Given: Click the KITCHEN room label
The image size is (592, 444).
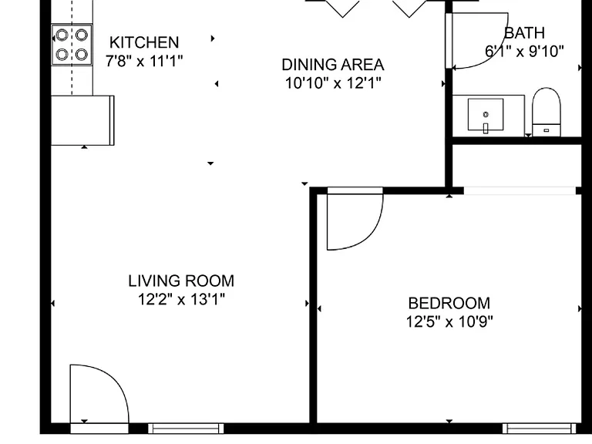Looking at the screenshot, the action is [x=144, y=42].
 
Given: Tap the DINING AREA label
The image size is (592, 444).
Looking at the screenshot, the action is [x=333, y=65].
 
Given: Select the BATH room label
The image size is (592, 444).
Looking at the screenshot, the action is [x=524, y=33].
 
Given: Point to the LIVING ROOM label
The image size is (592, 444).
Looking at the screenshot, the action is [x=181, y=281].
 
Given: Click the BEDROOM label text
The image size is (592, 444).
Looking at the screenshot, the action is [x=449, y=303].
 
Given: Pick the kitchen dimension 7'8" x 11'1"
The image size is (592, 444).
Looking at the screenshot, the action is [x=144, y=60].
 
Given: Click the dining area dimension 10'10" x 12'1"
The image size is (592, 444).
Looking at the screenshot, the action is [x=333, y=82].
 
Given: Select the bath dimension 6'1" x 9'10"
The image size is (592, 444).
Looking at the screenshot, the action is [x=524, y=51].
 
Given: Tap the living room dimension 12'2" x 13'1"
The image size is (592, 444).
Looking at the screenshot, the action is [x=181, y=299].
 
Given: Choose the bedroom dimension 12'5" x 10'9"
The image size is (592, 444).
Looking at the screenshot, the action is [x=449, y=321].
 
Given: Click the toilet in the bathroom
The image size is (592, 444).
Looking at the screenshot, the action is [x=547, y=112].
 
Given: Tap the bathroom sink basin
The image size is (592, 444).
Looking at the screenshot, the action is [x=486, y=114].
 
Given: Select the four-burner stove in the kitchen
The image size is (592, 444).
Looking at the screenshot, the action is [x=72, y=45].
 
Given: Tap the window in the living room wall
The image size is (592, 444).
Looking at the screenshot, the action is [x=186, y=429].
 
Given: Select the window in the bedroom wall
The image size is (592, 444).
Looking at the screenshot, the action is [x=539, y=429].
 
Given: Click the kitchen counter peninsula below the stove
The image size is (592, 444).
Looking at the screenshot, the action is [x=82, y=120].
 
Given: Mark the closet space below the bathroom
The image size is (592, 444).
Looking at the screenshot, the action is [x=516, y=166].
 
